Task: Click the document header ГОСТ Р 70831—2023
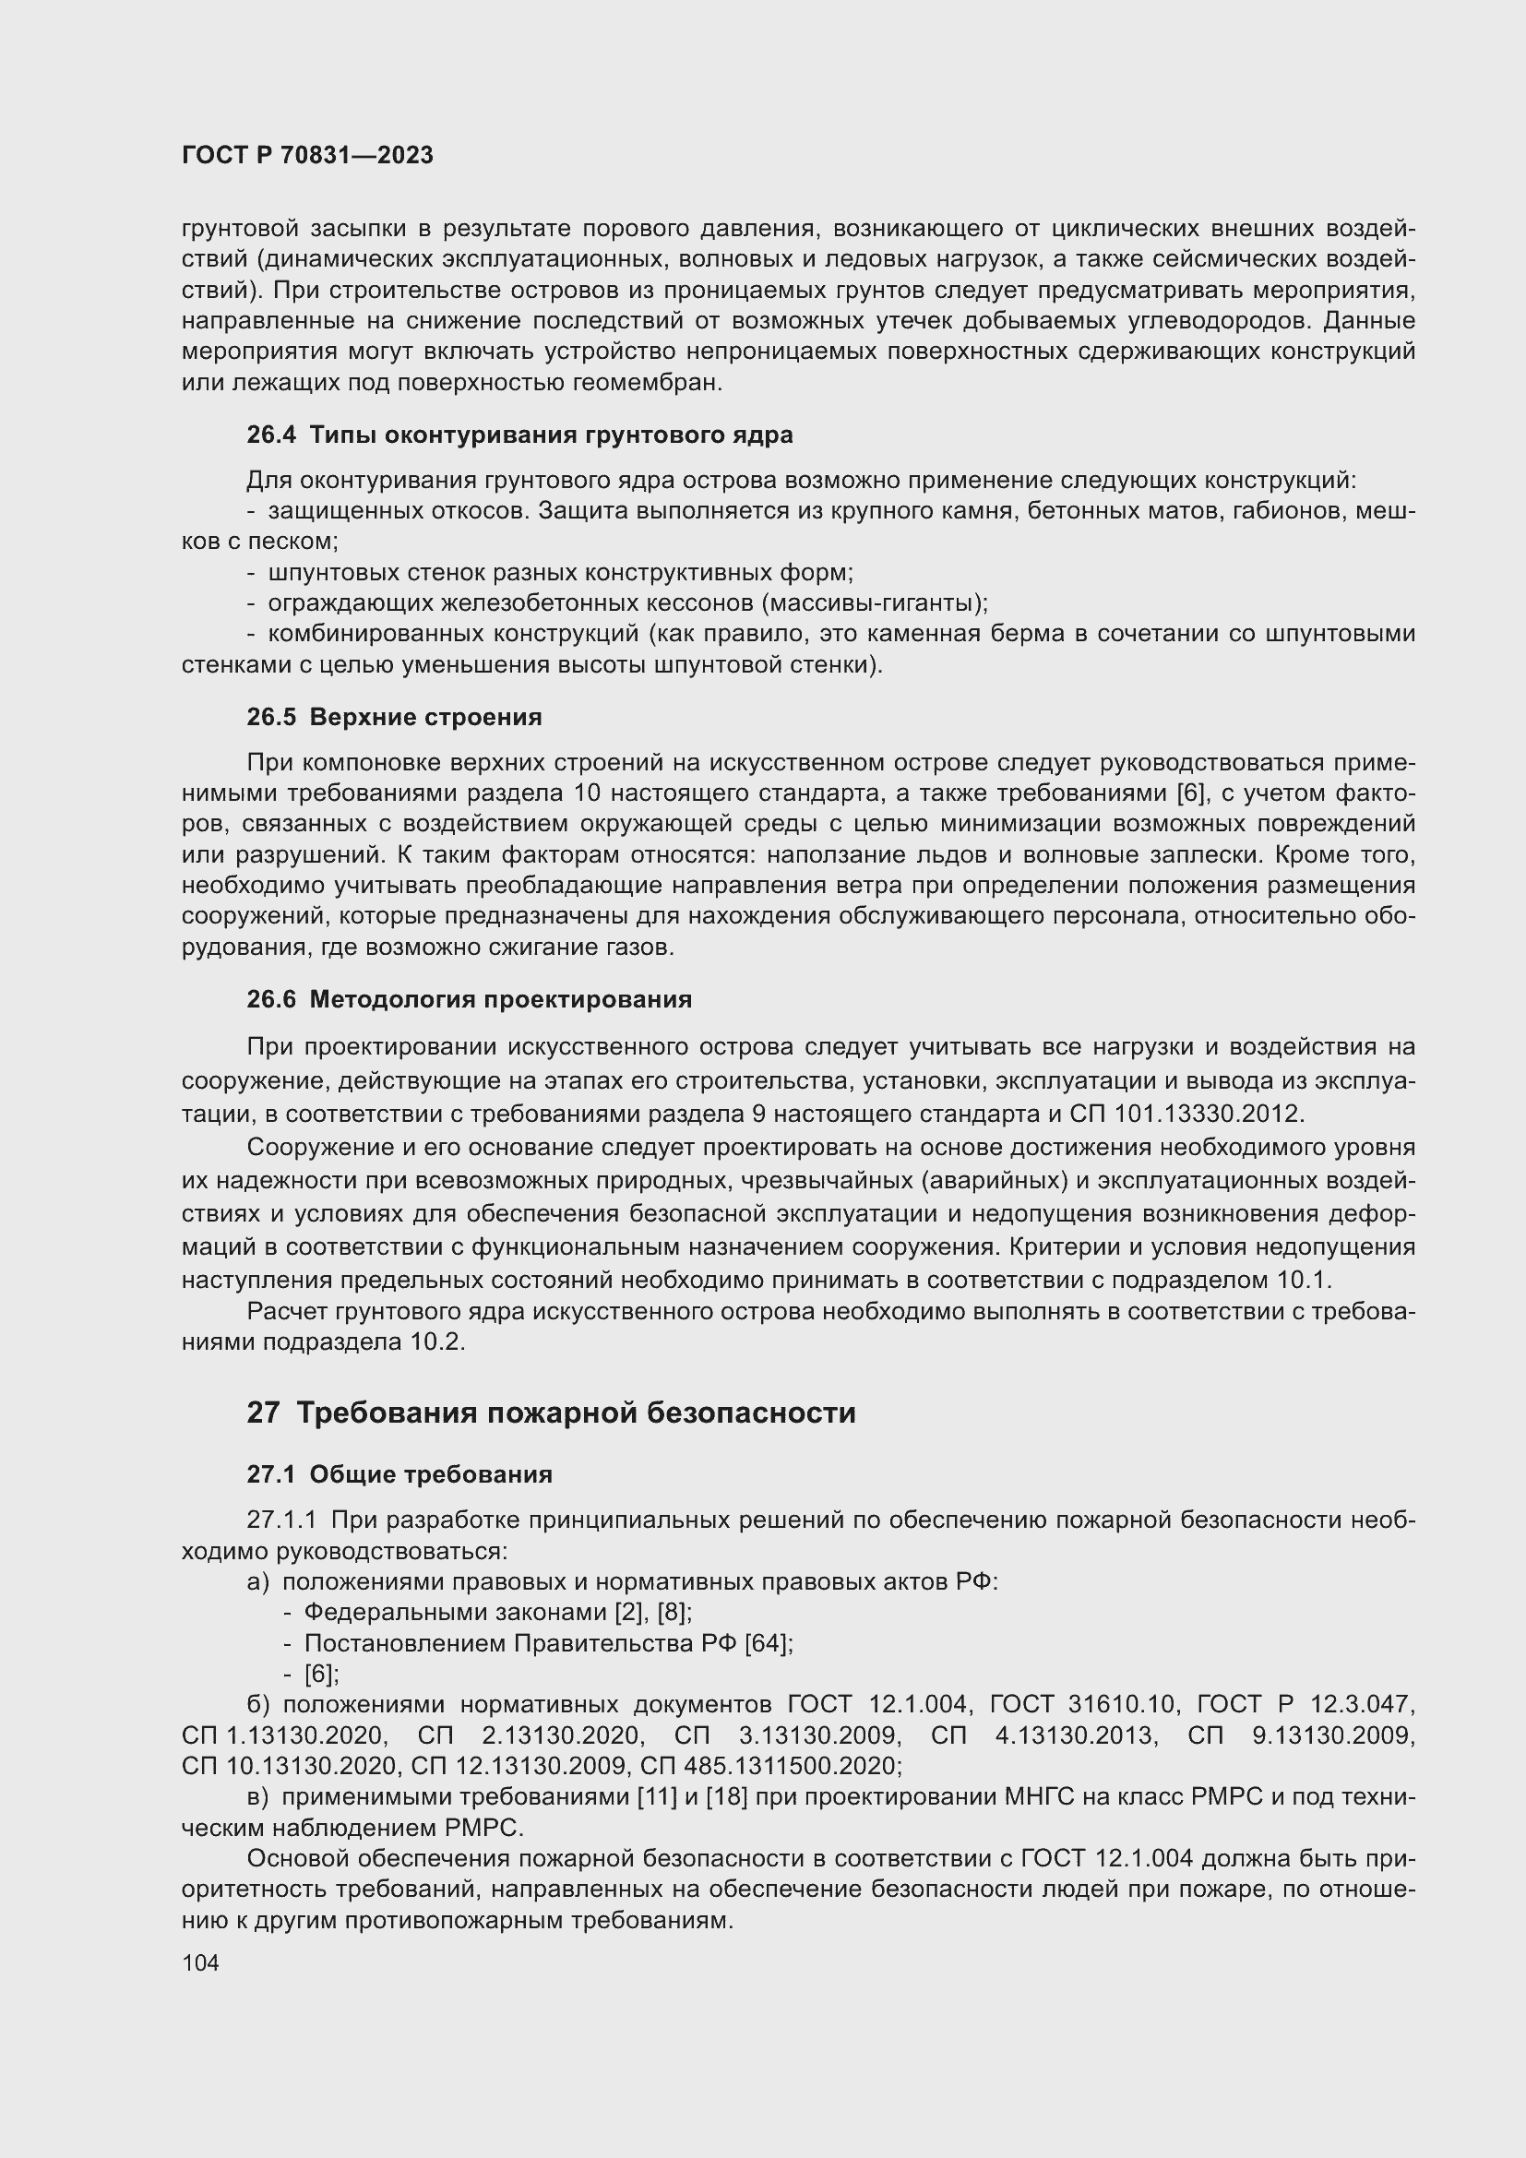pos(307,155)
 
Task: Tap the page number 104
pos(200,1962)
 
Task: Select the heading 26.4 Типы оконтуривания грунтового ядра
pos(519,435)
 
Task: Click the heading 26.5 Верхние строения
pos(395,717)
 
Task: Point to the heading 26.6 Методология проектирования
pos(469,999)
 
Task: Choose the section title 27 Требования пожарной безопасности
pos(551,1413)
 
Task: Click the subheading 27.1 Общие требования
pos(399,1474)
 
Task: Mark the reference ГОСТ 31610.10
pos(1082,1705)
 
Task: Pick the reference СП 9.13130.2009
pos(1301,1735)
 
